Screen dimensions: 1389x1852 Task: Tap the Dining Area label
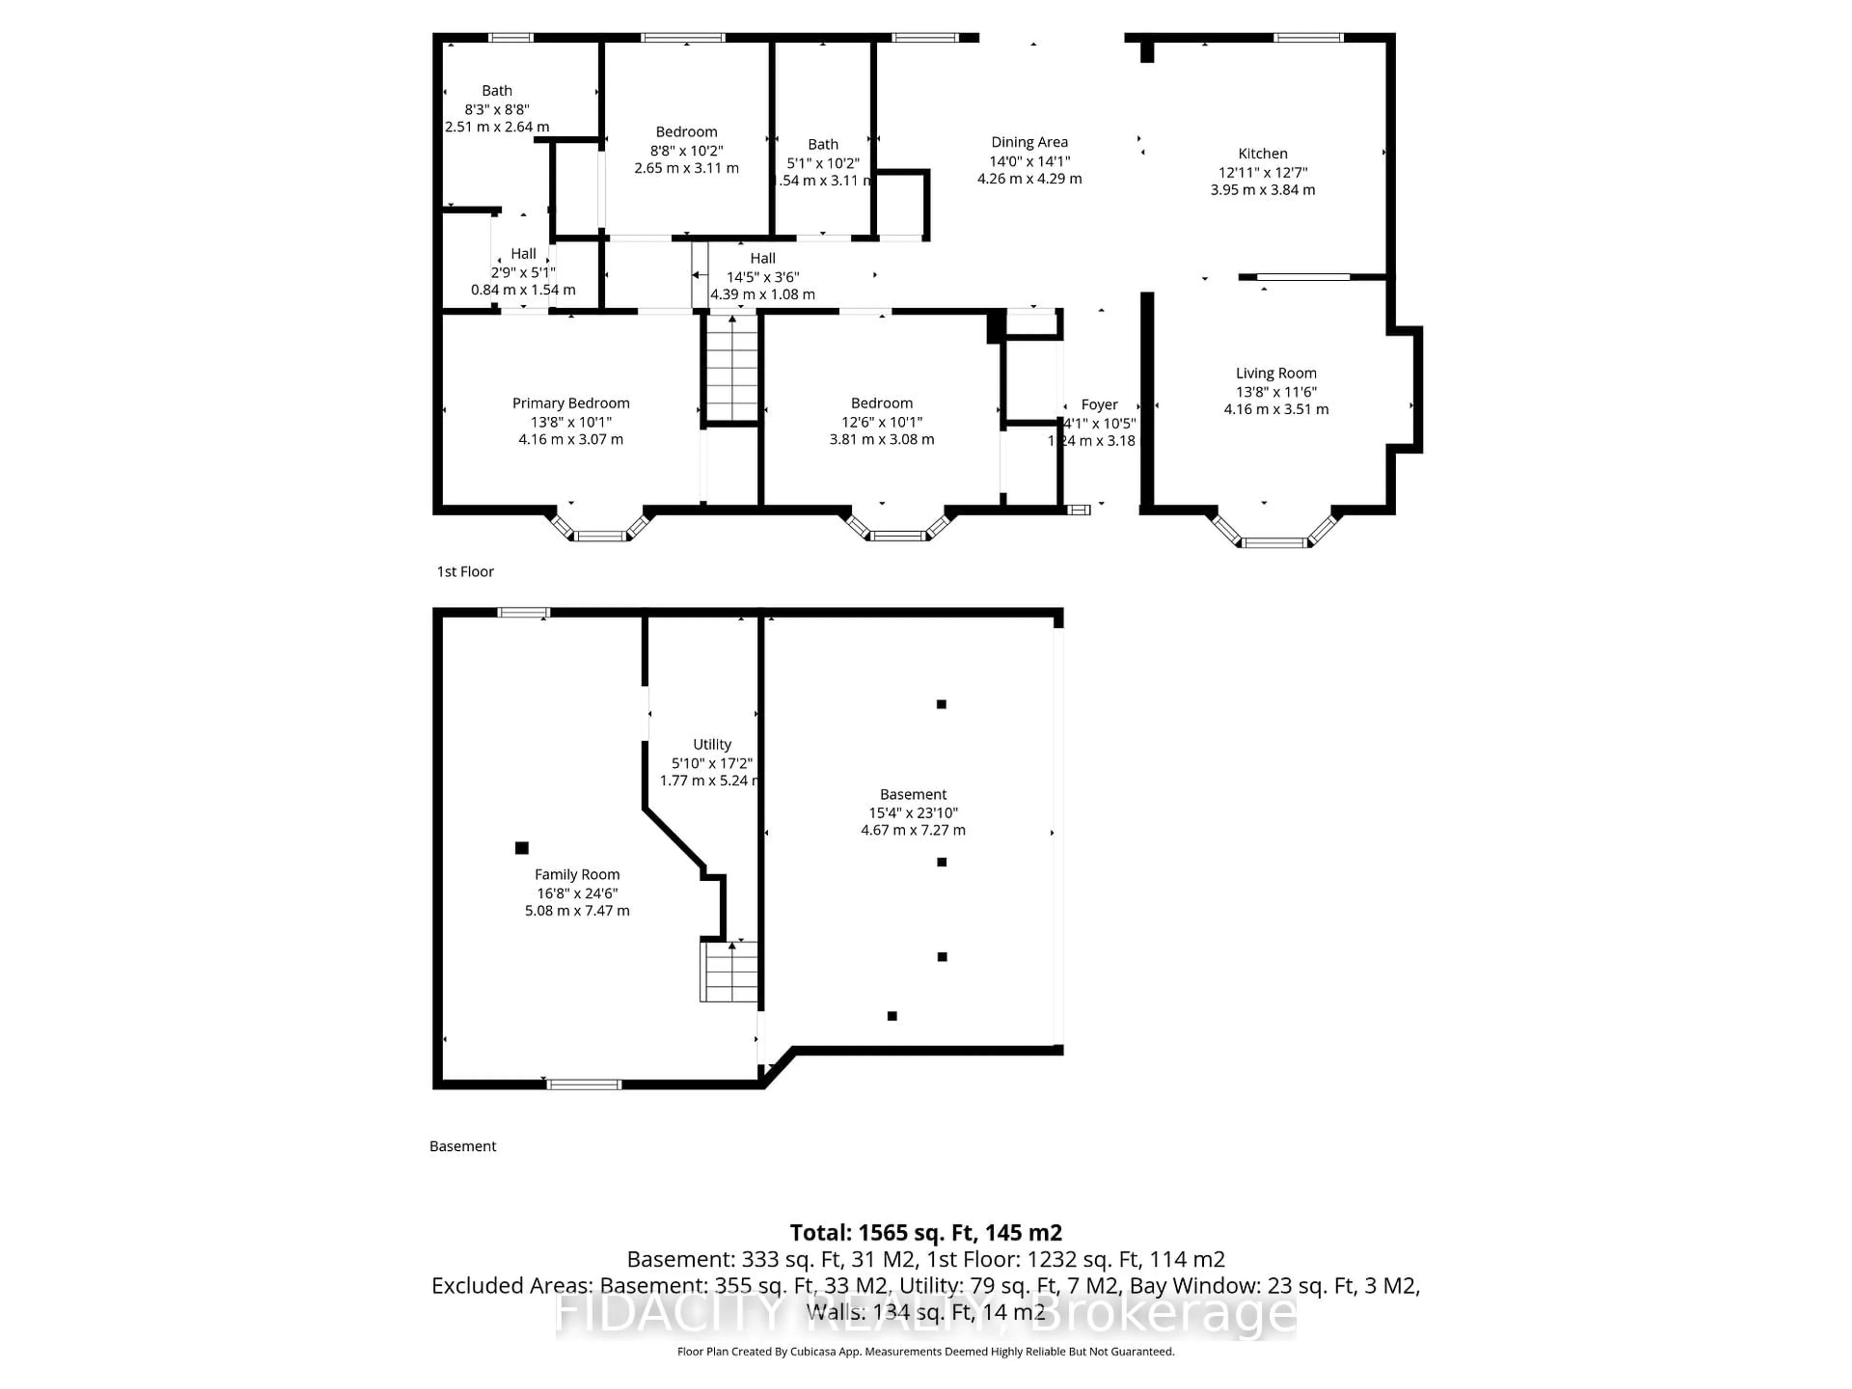pos(1029,142)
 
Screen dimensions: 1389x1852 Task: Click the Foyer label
pos(1099,404)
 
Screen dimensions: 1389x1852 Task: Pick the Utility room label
pos(712,744)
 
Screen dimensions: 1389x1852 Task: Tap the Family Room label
pos(577,874)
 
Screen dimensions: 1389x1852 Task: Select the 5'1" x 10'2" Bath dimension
pos(822,163)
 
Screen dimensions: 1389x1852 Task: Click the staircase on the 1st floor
pos(732,368)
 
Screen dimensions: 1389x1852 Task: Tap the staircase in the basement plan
pos(728,971)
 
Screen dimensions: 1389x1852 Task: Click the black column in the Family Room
pos(522,848)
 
